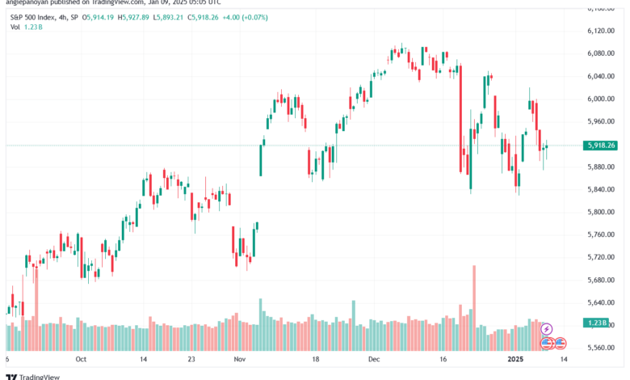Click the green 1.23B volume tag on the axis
tap(598, 323)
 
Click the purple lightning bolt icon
tap(547, 329)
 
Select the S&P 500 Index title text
tap(39, 16)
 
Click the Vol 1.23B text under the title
tap(27, 27)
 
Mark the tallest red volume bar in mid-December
tap(473, 296)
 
